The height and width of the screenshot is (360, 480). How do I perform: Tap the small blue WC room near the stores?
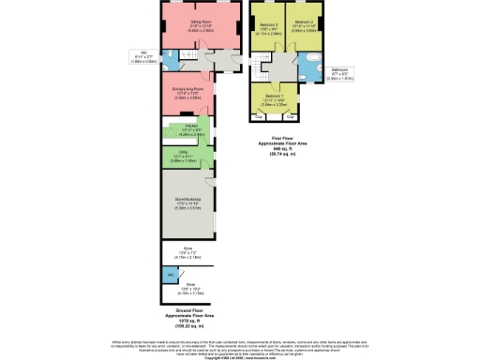pyautogui.click(x=169, y=274)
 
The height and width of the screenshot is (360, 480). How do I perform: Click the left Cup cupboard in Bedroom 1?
pyautogui.click(x=259, y=116)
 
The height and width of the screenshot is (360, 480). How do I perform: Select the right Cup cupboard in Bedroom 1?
pyautogui.click(x=291, y=116)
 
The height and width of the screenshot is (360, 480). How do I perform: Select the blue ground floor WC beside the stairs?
pyautogui.click(x=170, y=60)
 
